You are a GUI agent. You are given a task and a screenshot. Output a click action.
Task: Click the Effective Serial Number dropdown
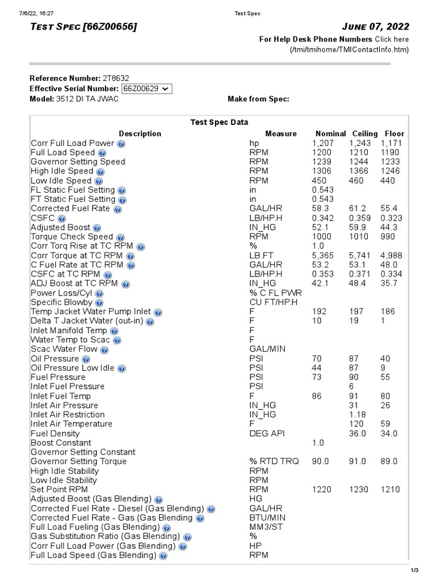[147, 88]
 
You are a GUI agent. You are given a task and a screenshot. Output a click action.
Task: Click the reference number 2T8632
[119, 78]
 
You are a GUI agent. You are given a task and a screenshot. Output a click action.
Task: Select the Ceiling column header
[365, 133]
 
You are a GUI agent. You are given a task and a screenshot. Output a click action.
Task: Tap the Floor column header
[395, 133]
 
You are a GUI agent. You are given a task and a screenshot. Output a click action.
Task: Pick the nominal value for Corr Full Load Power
[322, 143]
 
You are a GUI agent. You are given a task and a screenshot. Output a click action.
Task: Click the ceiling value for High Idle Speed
[359, 171]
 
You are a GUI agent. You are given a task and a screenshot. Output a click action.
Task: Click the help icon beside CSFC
[62, 218]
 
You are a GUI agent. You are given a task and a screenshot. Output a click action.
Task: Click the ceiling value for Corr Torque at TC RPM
[360, 255]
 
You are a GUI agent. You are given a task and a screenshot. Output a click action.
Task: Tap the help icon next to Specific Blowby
[100, 302]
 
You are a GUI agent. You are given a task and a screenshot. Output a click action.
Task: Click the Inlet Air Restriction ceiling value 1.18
[357, 415]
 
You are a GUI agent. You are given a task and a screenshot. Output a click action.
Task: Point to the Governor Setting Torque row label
[79, 461]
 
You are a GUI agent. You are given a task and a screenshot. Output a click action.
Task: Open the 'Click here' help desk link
[392, 39]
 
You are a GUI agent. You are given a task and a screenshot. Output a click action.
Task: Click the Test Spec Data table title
[219, 122]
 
